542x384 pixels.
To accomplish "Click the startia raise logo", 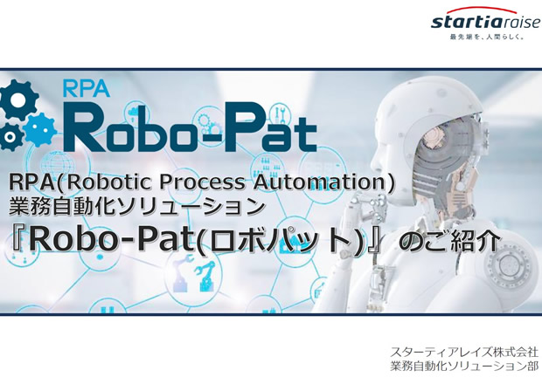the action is [x=485, y=20].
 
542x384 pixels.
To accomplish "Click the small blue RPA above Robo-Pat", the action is [x=87, y=89].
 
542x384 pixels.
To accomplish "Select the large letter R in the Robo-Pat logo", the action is [x=83, y=128].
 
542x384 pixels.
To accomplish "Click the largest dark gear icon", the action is [x=17, y=99].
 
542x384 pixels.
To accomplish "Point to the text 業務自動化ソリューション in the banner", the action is [x=136, y=206].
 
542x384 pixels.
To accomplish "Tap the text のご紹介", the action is [x=449, y=241].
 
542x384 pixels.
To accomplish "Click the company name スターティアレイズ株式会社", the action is [x=464, y=353].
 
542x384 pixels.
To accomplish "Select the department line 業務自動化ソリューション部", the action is [x=464, y=366].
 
